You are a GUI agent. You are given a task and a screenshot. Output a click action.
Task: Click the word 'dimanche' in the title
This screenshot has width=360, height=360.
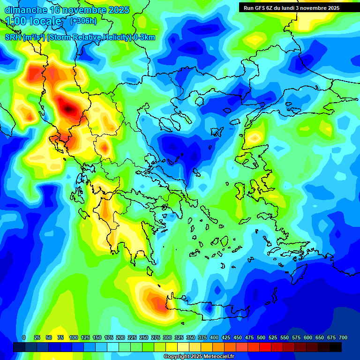click(25, 10)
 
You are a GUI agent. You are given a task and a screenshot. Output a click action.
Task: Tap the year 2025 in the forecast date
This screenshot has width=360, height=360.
click(118, 10)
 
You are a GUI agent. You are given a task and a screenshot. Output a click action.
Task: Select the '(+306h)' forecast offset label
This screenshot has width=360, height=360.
click(83, 21)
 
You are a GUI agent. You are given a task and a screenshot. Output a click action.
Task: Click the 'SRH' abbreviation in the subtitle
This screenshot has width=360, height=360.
click(13, 37)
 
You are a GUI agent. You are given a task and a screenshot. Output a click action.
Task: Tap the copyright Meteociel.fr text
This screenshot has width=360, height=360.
click(198, 357)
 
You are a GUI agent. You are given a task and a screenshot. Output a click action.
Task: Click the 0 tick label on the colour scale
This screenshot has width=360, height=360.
click(24, 337)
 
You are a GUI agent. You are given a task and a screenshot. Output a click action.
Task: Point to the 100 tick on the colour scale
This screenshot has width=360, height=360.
click(73, 337)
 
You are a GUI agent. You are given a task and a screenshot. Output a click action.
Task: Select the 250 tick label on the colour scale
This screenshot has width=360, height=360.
click(143, 337)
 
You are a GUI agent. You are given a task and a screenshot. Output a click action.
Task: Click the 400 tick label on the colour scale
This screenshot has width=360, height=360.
click(214, 337)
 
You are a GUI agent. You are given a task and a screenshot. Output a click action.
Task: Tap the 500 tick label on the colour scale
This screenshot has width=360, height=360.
click(261, 337)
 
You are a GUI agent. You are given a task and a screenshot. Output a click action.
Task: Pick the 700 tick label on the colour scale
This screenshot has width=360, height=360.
click(343, 337)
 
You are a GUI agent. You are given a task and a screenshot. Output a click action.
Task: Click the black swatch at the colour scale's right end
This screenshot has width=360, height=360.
click(336, 347)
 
